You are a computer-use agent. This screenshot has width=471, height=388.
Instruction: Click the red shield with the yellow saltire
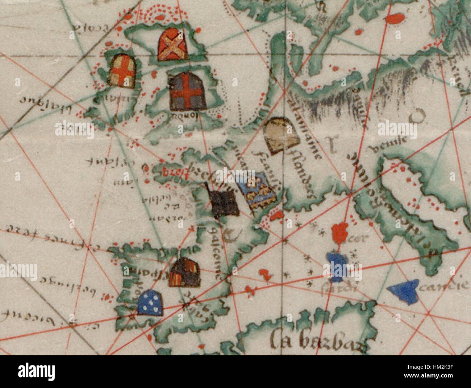coord(173,45)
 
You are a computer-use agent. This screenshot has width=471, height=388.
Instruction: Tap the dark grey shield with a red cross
coord(188,91)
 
